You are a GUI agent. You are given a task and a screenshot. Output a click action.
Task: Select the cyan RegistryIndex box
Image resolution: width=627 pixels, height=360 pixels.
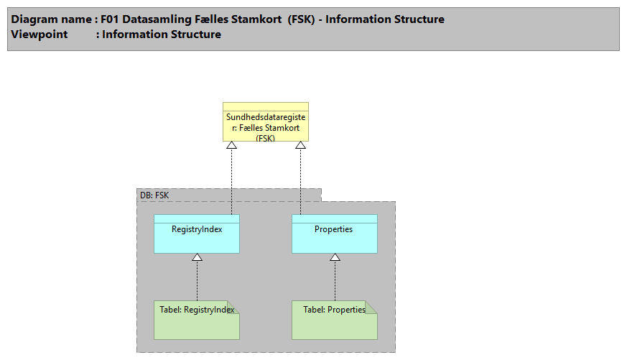(x=197, y=234)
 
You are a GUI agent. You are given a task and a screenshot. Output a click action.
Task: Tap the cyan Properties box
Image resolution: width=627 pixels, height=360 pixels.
(x=334, y=234)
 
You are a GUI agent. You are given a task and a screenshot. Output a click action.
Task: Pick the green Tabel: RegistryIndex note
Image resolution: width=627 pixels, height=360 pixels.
(x=197, y=320)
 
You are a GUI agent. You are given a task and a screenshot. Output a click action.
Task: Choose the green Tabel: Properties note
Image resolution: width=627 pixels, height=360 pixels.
(x=334, y=320)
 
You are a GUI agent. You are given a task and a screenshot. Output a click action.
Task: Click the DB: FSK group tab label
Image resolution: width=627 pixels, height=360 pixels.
(x=154, y=195)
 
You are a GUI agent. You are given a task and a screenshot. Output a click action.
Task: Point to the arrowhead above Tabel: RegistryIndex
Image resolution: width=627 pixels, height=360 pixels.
(x=197, y=257)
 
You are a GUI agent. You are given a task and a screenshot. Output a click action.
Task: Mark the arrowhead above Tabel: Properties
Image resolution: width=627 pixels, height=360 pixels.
(x=335, y=257)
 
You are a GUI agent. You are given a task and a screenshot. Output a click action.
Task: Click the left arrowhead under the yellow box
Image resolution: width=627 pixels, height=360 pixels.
(x=231, y=145)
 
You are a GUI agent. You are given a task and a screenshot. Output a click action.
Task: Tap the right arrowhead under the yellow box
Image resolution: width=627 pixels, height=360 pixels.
(x=300, y=145)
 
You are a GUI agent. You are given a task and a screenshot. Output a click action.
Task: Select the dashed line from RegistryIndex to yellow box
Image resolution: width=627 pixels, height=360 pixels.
(x=231, y=180)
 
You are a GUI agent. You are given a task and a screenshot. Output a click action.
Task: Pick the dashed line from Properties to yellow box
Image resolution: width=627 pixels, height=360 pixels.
(x=300, y=180)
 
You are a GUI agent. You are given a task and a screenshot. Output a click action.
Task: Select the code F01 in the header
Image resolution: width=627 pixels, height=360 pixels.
(x=109, y=19)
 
